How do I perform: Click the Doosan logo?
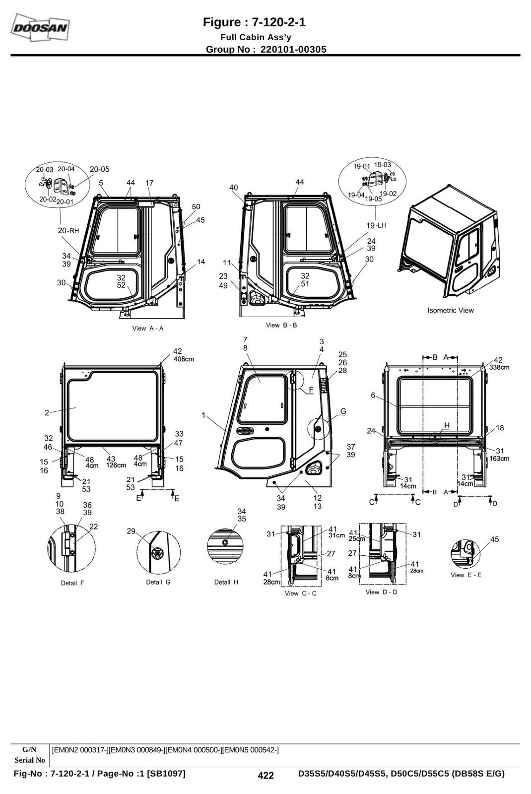40,27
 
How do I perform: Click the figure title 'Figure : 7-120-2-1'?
254,22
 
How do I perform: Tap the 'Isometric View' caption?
450,310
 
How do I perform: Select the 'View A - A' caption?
148,328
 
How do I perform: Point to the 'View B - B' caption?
281,325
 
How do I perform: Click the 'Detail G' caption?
158,582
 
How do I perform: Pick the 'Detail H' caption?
226,582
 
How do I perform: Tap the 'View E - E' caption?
466,575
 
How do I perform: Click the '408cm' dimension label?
184,359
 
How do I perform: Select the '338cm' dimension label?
499,367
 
